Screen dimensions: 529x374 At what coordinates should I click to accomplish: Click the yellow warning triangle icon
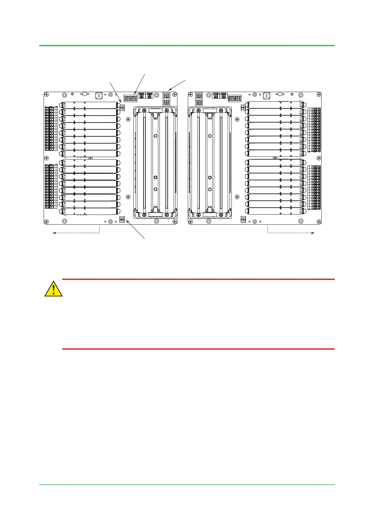[x=53, y=289]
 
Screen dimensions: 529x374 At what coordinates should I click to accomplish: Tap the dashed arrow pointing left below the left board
[x=76, y=232]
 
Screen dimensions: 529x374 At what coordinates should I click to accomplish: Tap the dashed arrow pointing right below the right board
[x=291, y=233]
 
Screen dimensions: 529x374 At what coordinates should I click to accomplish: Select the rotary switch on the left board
[x=99, y=95]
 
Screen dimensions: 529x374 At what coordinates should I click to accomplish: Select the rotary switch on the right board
[x=267, y=95]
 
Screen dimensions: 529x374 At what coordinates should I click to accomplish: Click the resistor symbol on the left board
[x=84, y=94]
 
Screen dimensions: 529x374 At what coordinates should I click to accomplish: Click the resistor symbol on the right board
[x=280, y=94]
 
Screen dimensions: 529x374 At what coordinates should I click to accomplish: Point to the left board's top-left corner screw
[x=46, y=94]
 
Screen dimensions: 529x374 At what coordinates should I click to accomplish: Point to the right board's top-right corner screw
[x=319, y=94]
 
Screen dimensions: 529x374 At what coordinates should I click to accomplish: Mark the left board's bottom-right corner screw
[x=175, y=221]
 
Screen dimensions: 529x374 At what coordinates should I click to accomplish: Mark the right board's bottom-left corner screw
[x=191, y=221]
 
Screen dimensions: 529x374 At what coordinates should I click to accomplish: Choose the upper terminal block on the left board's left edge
[x=51, y=129]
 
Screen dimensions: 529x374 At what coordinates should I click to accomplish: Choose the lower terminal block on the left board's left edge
[x=51, y=186]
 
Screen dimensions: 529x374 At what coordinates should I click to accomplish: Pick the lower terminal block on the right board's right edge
[x=314, y=188]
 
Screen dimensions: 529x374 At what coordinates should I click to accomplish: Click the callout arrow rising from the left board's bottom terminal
[x=135, y=229]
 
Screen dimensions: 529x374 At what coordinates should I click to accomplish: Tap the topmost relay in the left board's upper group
[x=90, y=105]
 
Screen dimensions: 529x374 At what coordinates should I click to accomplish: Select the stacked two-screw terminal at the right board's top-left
[x=199, y=99]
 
